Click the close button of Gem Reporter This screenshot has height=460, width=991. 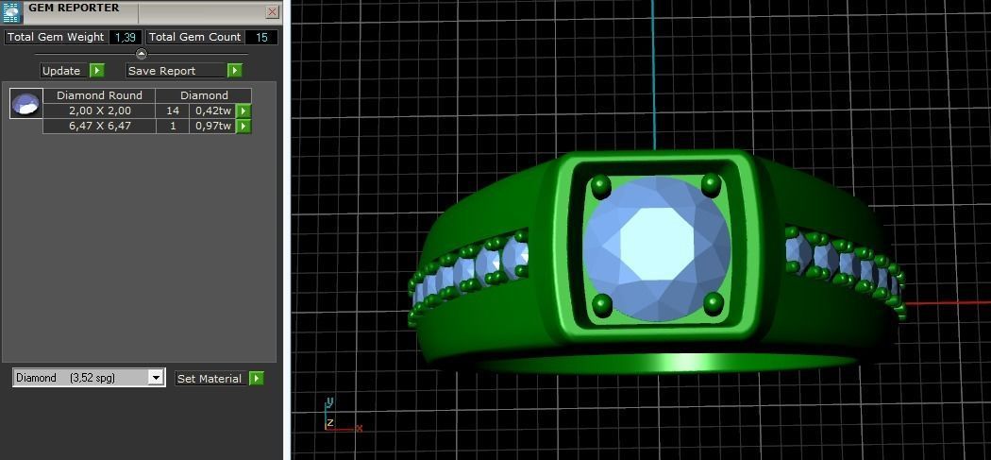click(272, 12)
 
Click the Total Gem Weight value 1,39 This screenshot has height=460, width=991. click(125, 37)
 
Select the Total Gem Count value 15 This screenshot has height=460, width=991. click(261, 37)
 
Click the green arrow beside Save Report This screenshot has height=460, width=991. click(235, 70)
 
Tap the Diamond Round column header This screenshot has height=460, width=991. click(99, 95)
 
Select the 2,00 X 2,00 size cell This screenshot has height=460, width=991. click(99, 111)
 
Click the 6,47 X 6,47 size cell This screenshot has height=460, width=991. click(99, 126)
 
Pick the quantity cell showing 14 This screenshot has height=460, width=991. click(173, 111)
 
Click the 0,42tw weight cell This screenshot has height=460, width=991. click(212, 111)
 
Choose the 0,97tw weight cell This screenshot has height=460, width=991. click(212, 126)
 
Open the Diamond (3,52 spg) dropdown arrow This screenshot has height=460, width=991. click(156, 378)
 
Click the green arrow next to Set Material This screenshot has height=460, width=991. click(256, 378)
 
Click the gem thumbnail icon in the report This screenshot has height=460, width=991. click(26, 103)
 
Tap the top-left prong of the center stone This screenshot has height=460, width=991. click(601, 186)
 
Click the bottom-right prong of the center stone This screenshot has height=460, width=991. click(714, 303)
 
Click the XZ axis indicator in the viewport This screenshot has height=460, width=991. click(337, 422)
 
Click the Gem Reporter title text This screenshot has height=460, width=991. click(74, 8)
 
